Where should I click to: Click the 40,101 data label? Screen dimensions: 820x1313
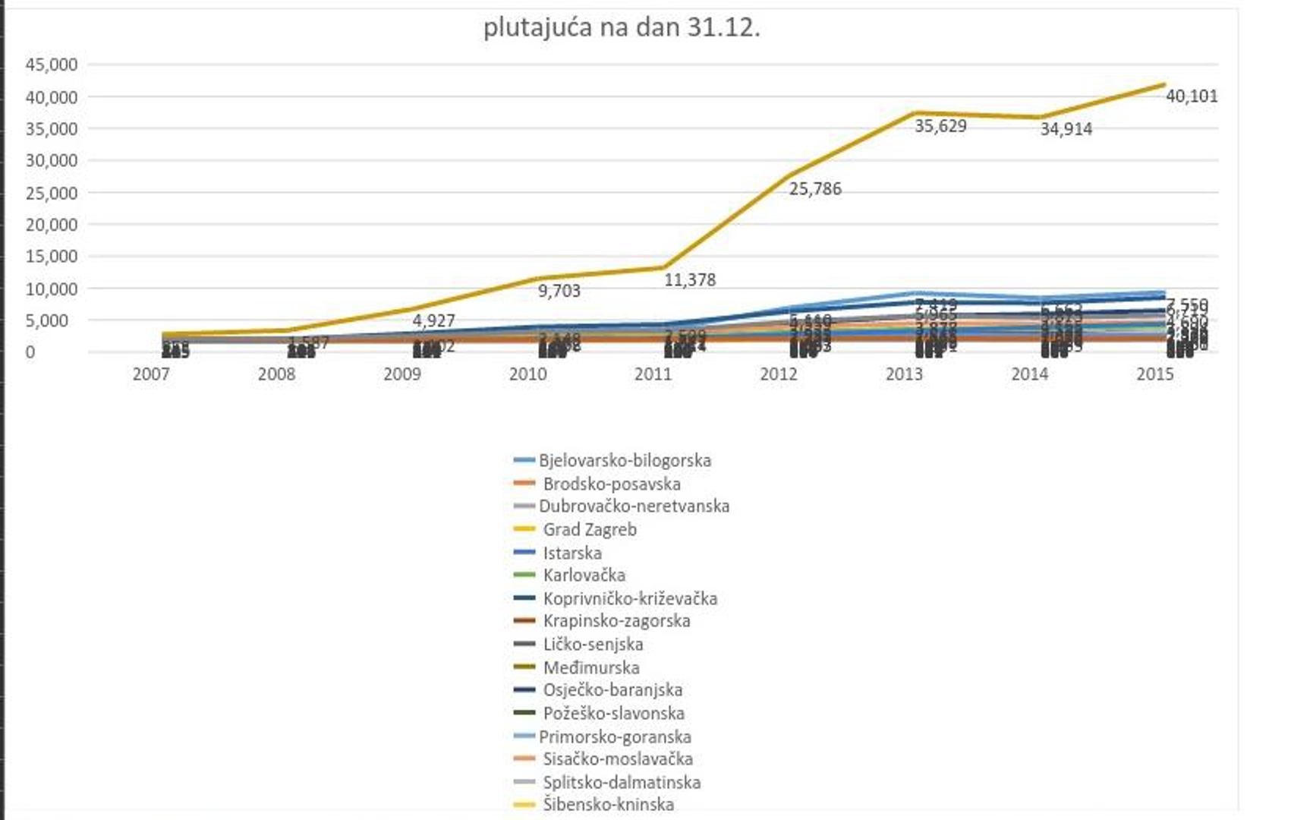[x=1191, y=96]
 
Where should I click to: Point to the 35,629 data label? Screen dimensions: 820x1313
[x=940, y=126]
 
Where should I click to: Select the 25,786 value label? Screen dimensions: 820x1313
[x=815, y=189]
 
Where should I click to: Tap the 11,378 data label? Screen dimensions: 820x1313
[x=690, y=280]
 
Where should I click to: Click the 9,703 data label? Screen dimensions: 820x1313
[x=559, y=291]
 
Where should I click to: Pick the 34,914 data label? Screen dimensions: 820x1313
[x=1066, y=129]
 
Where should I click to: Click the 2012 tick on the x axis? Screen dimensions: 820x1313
[x=779, y=374]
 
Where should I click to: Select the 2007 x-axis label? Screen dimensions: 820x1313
[x=151, y=374]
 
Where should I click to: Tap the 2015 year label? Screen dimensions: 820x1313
[x=1154, y=374]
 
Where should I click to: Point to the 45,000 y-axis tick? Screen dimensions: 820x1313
[x=52, y=65]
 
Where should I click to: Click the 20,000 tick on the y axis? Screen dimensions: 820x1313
[x=52, y=225]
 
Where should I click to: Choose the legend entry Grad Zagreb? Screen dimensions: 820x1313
[x=589, y=529]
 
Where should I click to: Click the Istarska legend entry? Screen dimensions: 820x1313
[x=571, y=553]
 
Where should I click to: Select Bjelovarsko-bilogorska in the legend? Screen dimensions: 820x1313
[x=625, y=460]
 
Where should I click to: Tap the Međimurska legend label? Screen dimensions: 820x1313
[x=590, y=667]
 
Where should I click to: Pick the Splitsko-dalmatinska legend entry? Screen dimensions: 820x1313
[x=621, y=782]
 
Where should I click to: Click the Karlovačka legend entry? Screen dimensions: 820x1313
[x=584, y=575]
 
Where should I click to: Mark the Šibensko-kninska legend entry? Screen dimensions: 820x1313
[x=608, y=804]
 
